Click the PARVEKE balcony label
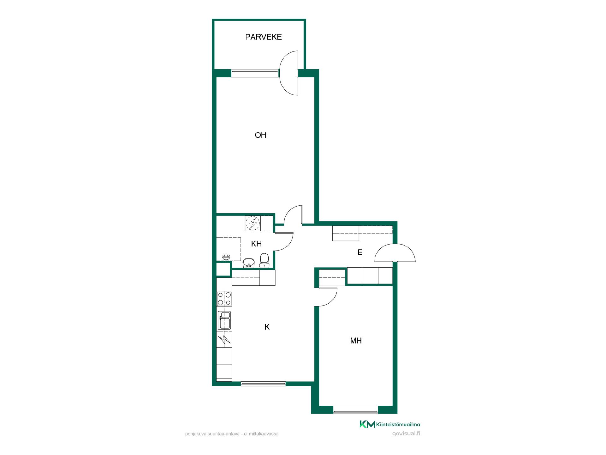click(264, 37)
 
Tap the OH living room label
click(261, 135)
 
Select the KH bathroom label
click(256, 244)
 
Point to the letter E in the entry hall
click(360, 252)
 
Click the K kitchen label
click(267, 327)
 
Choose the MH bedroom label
click(356, 341)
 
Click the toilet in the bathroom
click(264, 260)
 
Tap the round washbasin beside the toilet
click(249, 263)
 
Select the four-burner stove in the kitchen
click(224, 299)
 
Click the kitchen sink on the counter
click(224, 320)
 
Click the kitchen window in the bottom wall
click(263, 384)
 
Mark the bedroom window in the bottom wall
click(356, 411)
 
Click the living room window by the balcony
click(255, 73)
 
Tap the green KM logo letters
click(367, 424)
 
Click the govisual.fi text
click(406, 434)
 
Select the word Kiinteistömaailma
click(398, 425)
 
